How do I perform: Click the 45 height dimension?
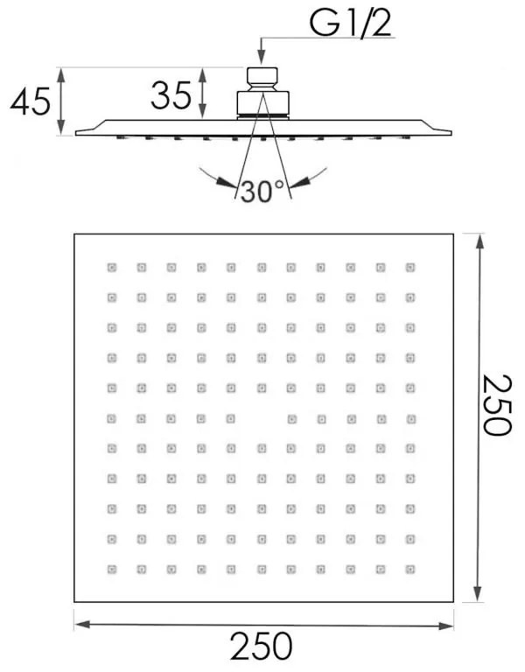point(28,102)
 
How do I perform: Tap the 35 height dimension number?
point(170,94)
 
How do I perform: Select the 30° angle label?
point(263,189)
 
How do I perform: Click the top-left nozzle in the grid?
point(112,267)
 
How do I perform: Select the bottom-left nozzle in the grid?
point(112,569)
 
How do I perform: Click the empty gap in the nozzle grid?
point(261,417)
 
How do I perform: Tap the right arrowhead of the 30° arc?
point(296,184)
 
